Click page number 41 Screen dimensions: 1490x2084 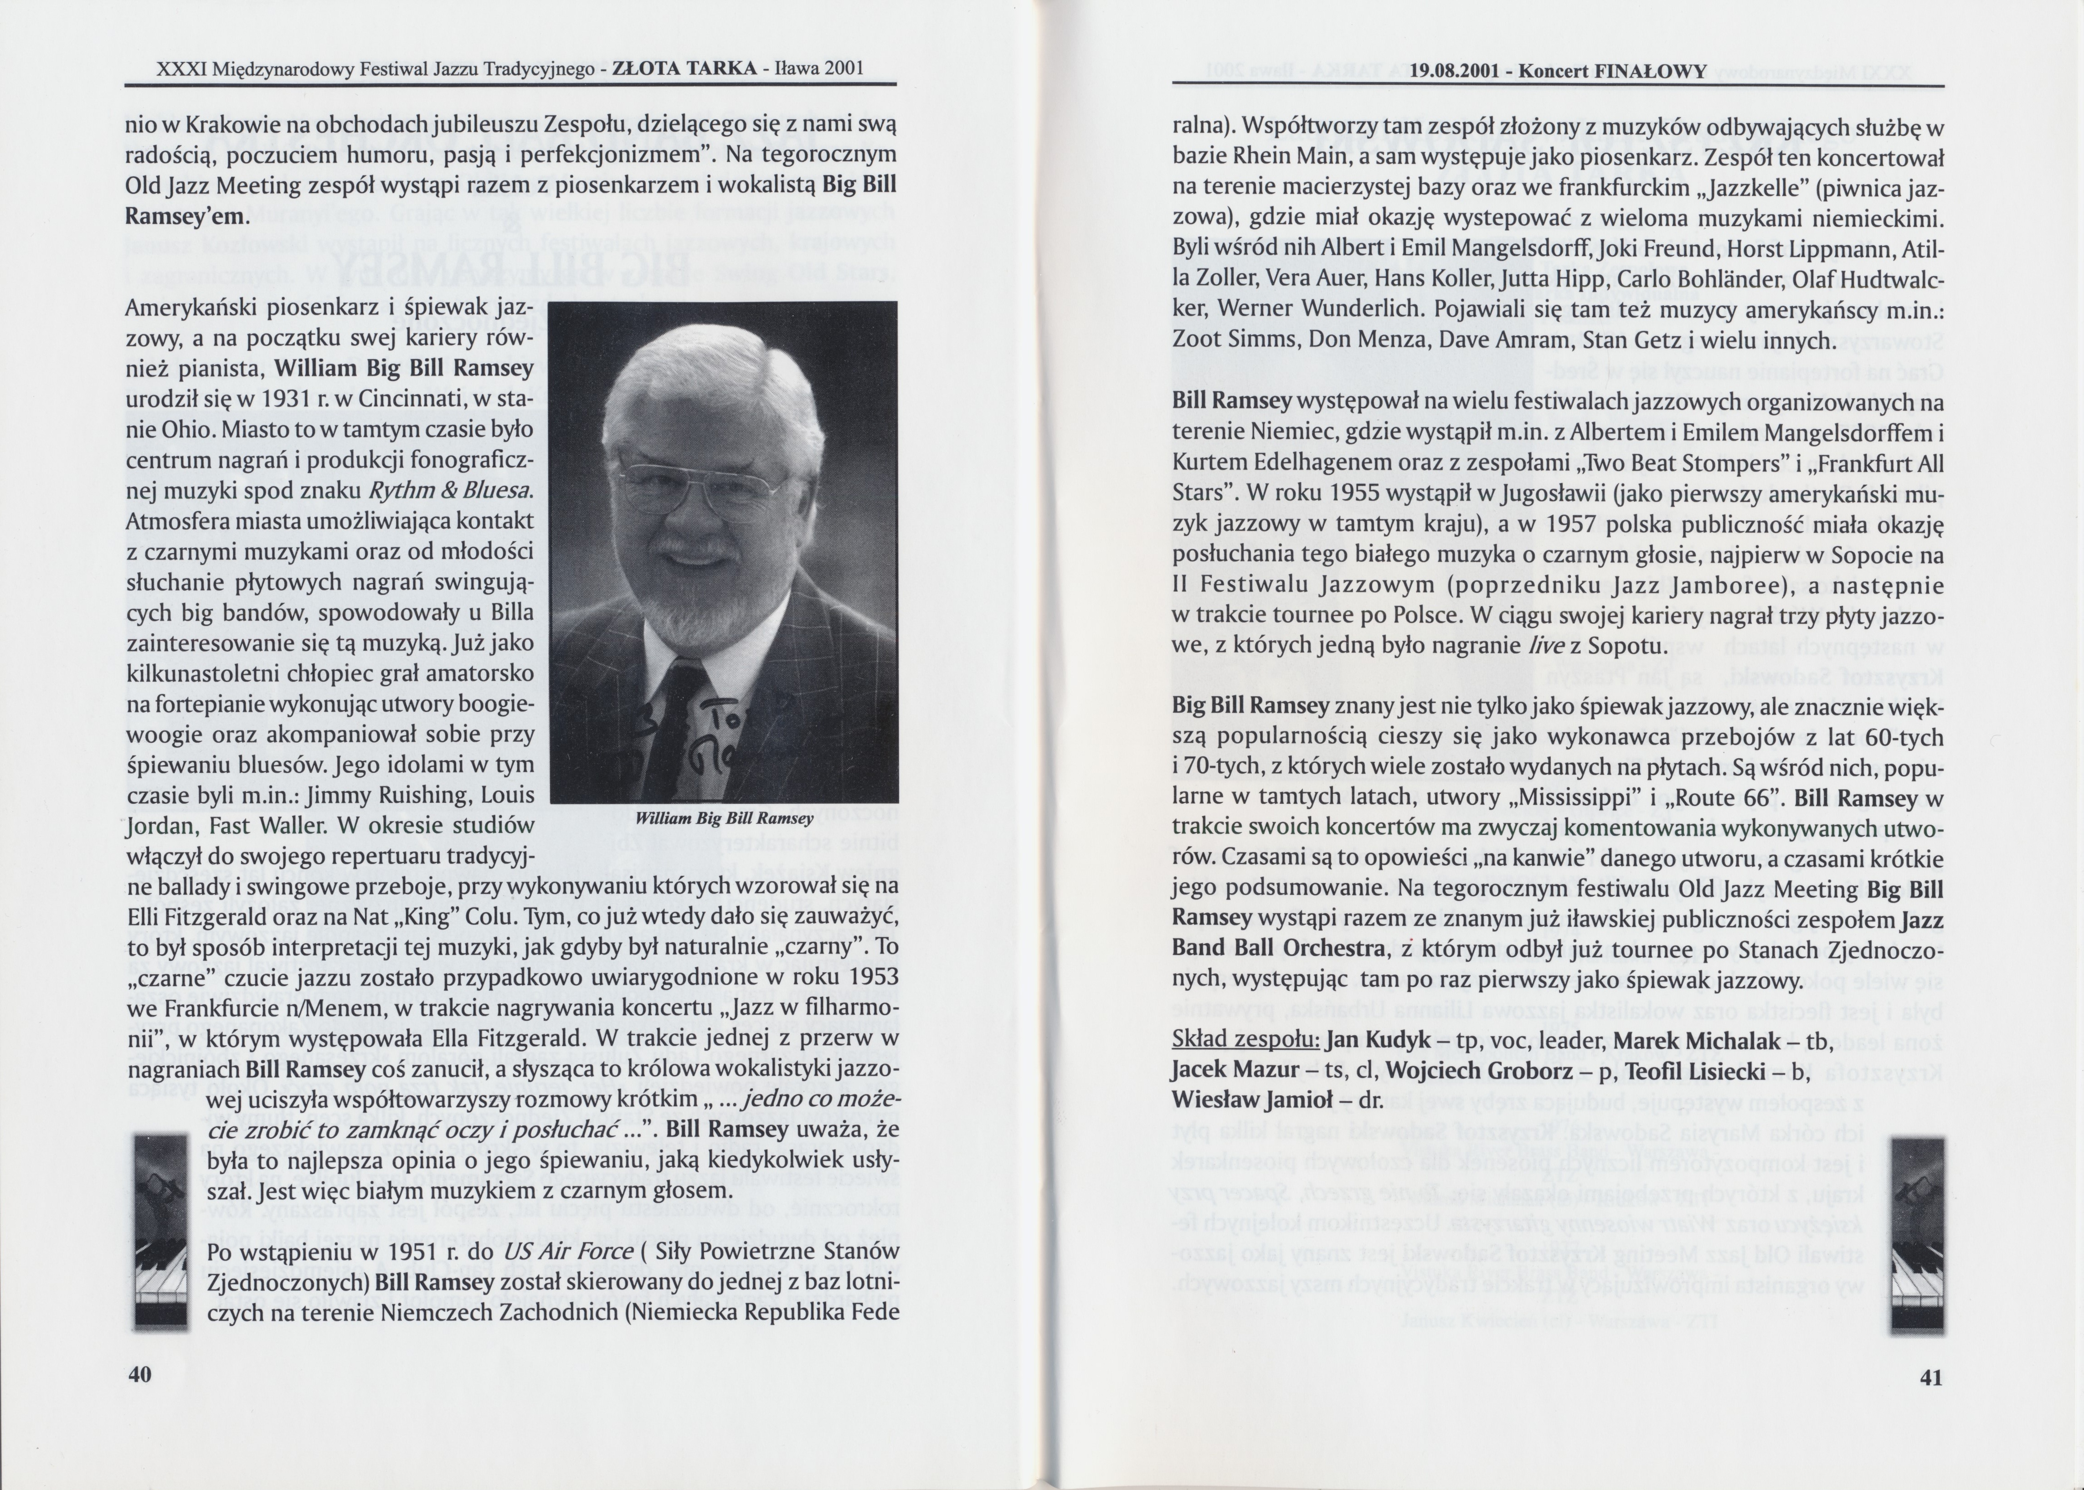click(1931, 1377)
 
